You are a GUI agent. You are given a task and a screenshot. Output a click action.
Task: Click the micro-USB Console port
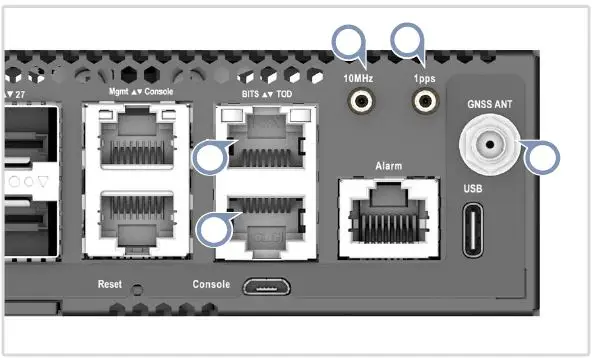[263, 286]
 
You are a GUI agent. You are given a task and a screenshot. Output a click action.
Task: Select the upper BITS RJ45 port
[261, 146]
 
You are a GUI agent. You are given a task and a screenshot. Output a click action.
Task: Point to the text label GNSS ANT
[490, 103]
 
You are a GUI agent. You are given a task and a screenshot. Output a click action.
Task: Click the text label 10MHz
[358, 76]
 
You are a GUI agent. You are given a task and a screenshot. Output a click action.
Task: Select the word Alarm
[388, 163]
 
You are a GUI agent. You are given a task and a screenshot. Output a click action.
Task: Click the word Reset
[110, 285]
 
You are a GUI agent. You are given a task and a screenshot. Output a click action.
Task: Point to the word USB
[475, 187]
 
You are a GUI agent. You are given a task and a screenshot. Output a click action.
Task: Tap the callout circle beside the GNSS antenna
[544, 157]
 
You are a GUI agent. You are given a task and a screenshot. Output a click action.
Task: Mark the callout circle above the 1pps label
[408, 40]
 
